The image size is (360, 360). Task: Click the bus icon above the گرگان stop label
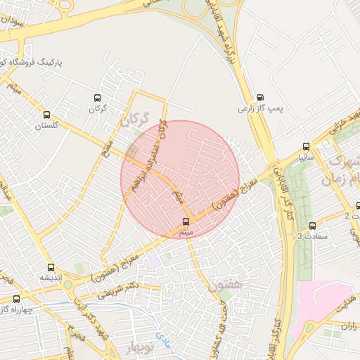point(97,98)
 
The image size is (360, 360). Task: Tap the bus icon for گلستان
point(47,115)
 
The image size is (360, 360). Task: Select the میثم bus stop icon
point(185,222)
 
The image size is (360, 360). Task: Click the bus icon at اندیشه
point(51,267)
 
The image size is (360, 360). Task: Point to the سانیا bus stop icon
point(304,147)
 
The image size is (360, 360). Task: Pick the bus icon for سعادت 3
point(311,226)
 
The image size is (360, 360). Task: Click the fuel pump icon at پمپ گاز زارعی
point(261,98)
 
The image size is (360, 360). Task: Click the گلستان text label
point(47,125)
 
